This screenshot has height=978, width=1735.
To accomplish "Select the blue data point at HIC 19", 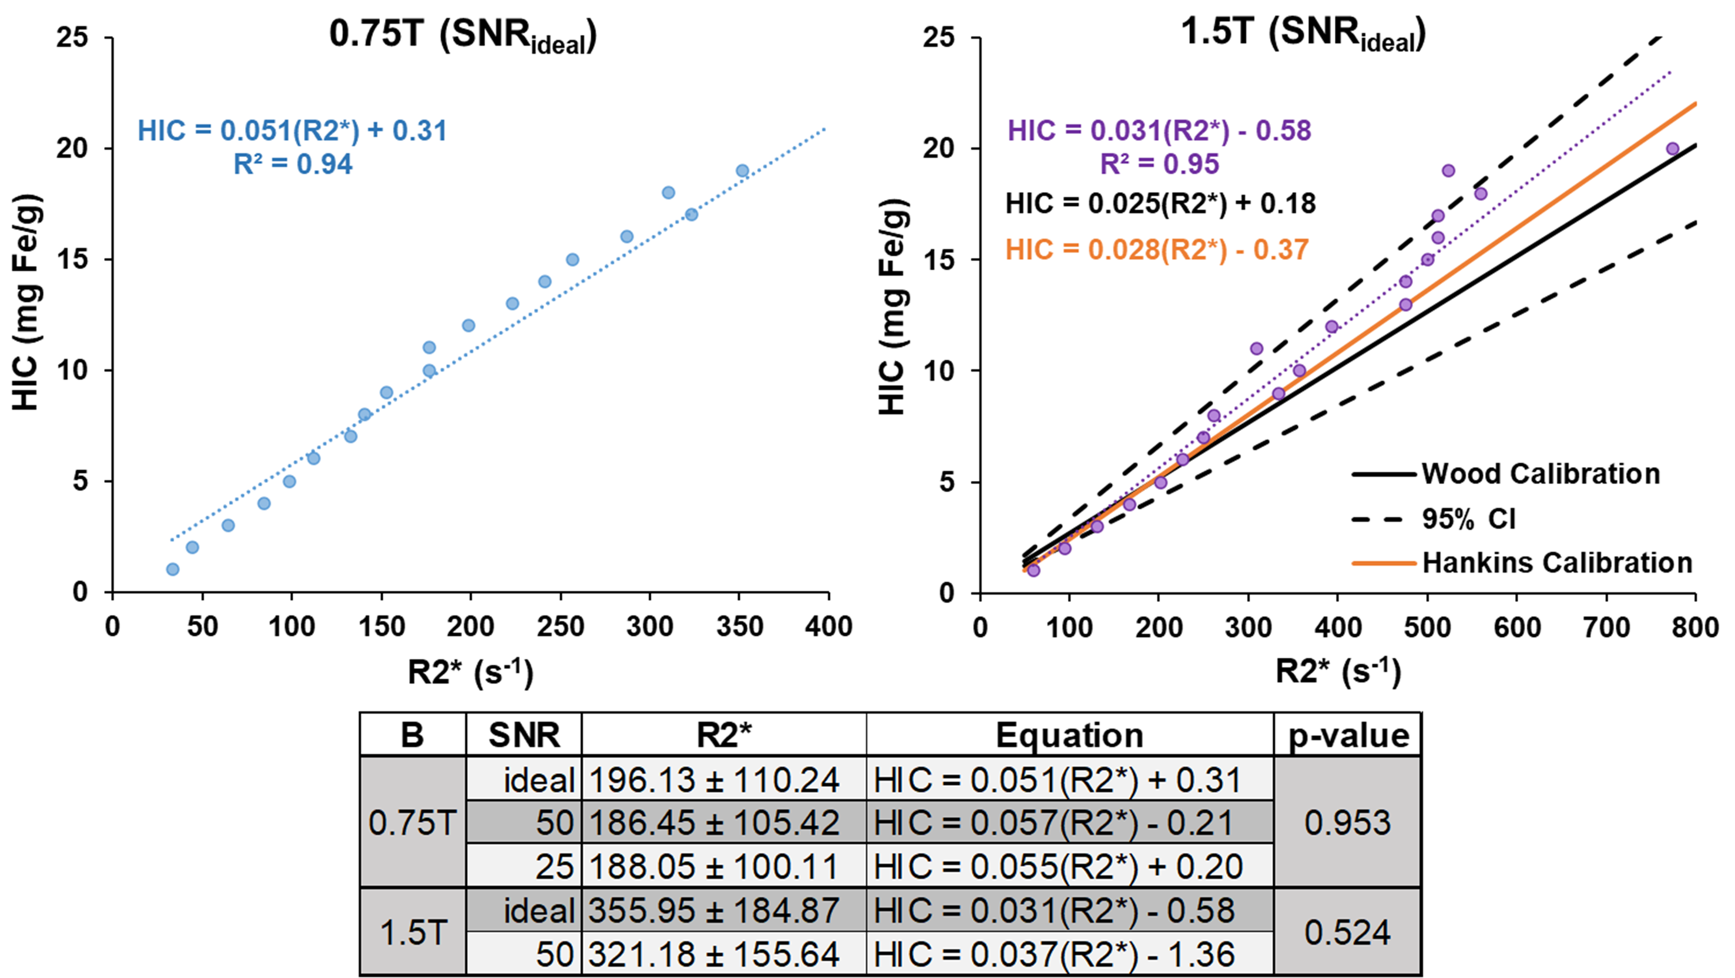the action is point(742,171).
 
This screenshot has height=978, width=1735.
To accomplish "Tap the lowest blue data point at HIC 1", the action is point(172,569).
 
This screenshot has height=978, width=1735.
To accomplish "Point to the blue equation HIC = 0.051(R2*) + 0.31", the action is point(293,131).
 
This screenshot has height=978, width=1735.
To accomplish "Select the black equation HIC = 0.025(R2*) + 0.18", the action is point(1160,203).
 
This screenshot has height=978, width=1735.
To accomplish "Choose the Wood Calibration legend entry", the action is point(1506,474).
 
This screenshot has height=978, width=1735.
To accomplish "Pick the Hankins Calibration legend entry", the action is point(1522,563).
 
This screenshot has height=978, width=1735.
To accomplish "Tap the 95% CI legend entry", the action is point(1434,519).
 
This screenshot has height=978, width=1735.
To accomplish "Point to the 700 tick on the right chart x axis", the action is point(1606,627).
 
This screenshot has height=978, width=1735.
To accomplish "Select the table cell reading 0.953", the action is point(1348,822).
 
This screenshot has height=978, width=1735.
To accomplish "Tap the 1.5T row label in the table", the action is point(413,933).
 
